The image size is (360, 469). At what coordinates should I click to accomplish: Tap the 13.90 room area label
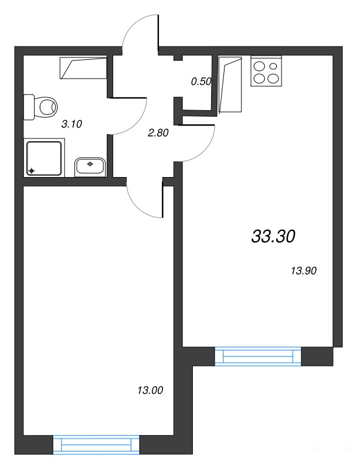(x=304, y=271)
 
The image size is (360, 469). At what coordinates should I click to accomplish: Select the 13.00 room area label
(x=150, y=390)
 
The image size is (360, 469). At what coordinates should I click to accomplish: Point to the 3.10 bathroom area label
(x=72, y=124)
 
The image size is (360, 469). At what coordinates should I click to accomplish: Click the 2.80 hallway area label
(x=158, y=132)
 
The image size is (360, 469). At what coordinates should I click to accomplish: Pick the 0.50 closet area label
(x=201, y=81)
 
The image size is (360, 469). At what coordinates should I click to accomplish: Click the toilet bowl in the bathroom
(x=40, y=107)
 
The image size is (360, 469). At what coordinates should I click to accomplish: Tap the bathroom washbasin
(x=90, y=166)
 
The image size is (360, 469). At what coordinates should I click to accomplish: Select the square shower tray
(x=44, y=158)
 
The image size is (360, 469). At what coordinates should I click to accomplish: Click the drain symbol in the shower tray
(x=32, y=171)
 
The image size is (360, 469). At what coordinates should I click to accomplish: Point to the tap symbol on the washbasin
(x=90, y=164)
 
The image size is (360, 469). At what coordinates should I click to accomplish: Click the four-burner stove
(x=266, y=71)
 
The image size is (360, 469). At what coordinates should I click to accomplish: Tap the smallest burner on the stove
(x=273, y=66)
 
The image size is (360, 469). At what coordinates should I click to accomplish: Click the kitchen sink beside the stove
(x=230, y=84)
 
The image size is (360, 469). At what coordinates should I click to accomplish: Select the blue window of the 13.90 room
(x=258, y=356)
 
